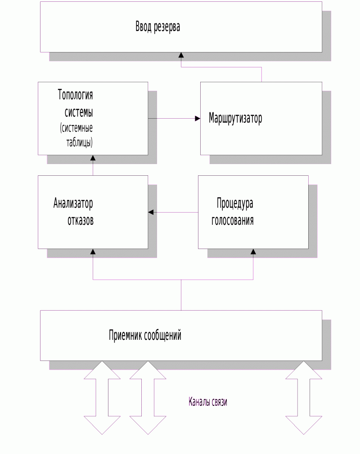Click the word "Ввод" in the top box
[x=144, y=27]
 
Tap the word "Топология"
[x=75, y=95]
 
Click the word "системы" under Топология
[x=79, y=112]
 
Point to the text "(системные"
[x=76, y=128]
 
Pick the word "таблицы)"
[x=79, y=142]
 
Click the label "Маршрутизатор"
[x=235, y=118]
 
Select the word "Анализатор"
[x=73, y=203]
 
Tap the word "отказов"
[x=81, y=221]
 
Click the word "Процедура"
[x=235, y=204]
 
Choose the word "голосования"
[x=233, y=221]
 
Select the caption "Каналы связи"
[x=208, y=402]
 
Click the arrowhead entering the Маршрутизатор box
[x=198, y=118]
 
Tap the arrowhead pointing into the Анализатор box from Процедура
[x=151, y=212]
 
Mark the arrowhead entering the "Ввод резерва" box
[x=181, y=55]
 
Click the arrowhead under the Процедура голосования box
[x=253, y=252]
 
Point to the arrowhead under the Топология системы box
[x=93, y=158]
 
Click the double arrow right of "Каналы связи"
[x=304, y=397]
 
